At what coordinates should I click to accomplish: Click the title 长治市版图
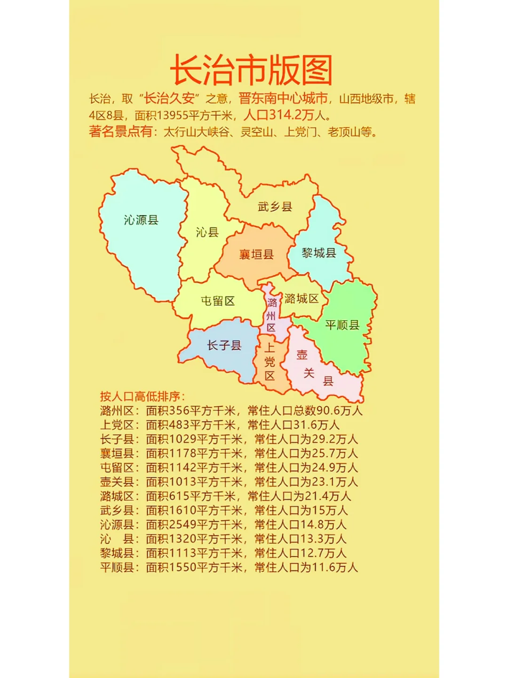coord(251,70)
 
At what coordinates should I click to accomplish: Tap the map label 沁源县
coord(141,220)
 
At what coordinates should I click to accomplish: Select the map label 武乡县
coord(275,206)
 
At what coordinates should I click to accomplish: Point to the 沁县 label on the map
coord(207,232)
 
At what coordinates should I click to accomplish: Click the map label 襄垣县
coord(256,255)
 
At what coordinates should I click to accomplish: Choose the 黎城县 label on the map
coord(319,253)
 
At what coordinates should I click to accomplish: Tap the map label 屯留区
coord(218,301)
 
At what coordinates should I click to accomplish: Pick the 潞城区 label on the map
coord(302,299)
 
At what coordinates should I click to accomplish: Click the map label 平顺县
coord(342,325)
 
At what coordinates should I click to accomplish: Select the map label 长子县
coord(224,346)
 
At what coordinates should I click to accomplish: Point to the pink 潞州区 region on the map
coord(271,315)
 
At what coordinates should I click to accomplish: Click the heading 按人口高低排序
coord(143,396)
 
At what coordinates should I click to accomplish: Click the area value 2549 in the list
coord(182,525)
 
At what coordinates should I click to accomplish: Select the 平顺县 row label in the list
coord(117,567)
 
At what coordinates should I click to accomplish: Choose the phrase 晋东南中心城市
coord(283,98)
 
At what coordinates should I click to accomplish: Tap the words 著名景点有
coord(120,131)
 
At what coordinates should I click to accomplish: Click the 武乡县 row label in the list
coord(117,510)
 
